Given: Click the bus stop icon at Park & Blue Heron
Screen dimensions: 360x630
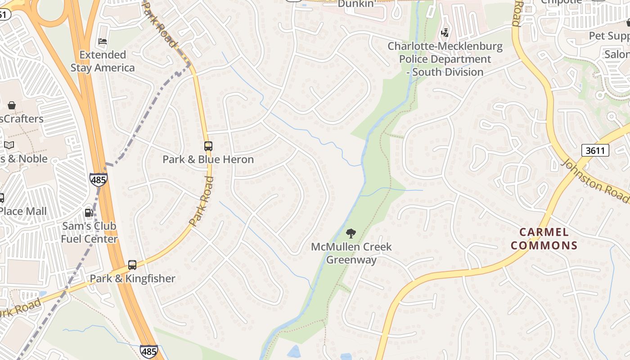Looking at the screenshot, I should coord(208,146).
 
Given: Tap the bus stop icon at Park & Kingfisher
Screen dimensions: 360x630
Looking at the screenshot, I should coord(132,265).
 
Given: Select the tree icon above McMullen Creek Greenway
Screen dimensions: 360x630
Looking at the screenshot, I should coord(351,233).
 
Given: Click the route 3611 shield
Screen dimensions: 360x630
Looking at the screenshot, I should coord(595,150).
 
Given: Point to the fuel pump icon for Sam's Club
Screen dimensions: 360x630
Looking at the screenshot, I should coord(89,212).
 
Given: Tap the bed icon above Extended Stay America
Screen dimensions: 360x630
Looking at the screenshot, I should coord(103,41).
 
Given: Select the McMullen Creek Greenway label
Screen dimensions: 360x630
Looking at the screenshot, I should coord(351,253).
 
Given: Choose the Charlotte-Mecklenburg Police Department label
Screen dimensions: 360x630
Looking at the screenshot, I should coord(445,59).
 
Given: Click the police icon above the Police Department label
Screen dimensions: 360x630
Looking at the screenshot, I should coord(445,32).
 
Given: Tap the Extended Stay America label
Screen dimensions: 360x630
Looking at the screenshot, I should coord(103,61).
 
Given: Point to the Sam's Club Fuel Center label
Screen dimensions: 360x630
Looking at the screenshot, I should coord(89,232).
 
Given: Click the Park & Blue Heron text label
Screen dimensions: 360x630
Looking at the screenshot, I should coord(208,159).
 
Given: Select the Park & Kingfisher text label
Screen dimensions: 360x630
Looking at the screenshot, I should coord(132,279).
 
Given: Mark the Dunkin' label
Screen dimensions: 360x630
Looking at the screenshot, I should coord(357,4).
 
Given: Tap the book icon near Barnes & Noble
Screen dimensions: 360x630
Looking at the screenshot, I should coord(9,145).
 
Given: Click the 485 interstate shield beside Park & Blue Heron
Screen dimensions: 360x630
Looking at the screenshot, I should coord(98,180).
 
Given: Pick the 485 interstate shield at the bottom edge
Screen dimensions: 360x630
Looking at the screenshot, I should coord(148,351).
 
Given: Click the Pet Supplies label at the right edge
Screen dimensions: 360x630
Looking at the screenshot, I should coord(609,36).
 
